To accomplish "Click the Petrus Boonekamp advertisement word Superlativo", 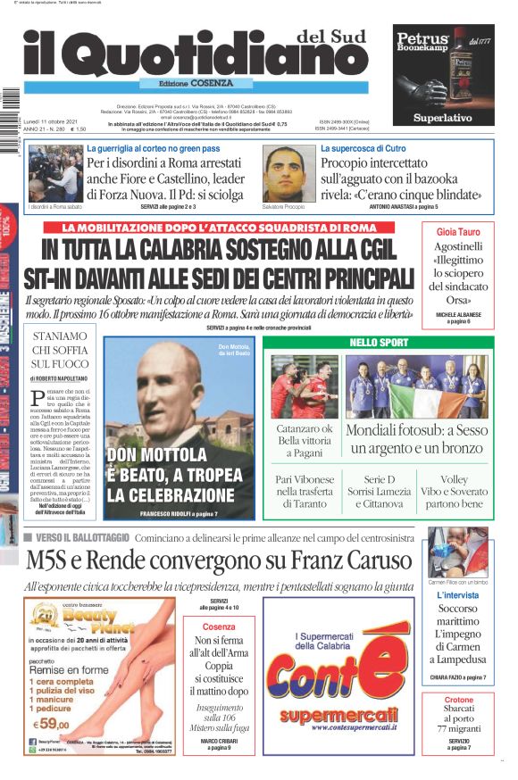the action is click(x=443, y=118).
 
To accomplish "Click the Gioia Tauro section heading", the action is click(x=458, y=231).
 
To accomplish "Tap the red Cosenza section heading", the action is click(x=220, y=626).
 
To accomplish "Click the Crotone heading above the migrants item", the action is click(x=458, y=700).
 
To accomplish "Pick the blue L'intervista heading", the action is click(x=458, y=595).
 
